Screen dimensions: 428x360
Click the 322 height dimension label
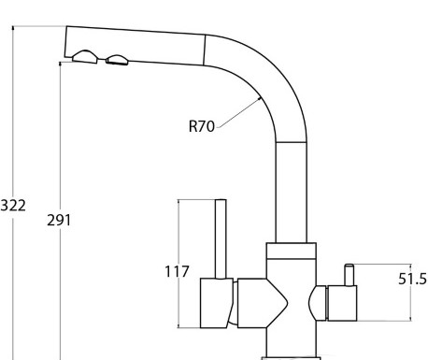pos(13,206)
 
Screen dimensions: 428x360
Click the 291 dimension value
pos(59,220)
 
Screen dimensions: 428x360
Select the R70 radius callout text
pos(202,126)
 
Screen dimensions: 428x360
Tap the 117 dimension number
pos(177,271)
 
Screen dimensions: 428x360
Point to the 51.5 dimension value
pos(412,279)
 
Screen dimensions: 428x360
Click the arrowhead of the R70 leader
pos(259,98)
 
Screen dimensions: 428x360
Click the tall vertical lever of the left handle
pos(221,239)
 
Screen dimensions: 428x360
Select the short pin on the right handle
pos(349,275)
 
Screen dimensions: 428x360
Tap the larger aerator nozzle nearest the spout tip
pos(84,57)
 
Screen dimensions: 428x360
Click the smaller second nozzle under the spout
pos(117,60)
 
